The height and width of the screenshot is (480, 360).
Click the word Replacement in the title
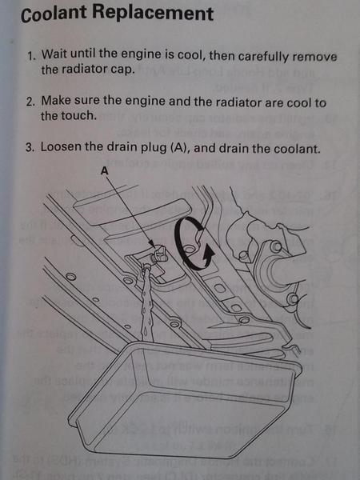pos(153,13)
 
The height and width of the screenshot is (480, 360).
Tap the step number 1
pos(31,56)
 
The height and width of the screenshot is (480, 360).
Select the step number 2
pos(30,102)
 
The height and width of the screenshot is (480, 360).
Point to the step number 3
pos(30,147)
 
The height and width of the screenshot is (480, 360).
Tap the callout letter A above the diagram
pos(104,171)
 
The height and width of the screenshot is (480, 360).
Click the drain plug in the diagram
pos(158,254)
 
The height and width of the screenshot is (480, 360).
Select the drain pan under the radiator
pos(184,398)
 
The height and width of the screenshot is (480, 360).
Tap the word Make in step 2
pos(56,101)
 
